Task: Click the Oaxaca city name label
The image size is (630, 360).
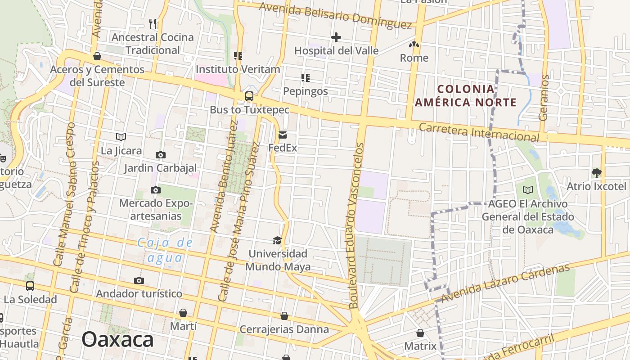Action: (x=117, y=339)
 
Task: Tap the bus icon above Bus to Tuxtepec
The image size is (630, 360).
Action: (x=249, y=96)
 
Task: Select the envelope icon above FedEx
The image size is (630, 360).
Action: (x=283, y=135)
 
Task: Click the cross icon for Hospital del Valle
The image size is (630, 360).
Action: (x=336, y=37)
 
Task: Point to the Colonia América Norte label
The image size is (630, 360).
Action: (x=465, y=95)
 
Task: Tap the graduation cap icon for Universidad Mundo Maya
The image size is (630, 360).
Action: (x=277, y=241)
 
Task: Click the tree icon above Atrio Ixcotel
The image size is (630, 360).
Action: (x=596, y=173)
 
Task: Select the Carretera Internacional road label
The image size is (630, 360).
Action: (x=478, y=131)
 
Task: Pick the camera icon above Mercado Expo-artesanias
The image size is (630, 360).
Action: (x=156, y=190)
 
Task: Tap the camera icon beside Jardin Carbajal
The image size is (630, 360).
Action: (x=160, y=155)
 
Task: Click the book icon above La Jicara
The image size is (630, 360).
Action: (x=121, y=137)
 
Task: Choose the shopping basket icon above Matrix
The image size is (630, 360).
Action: (x=420, y=333)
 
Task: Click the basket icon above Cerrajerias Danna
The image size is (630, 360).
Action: (x=284, y=316)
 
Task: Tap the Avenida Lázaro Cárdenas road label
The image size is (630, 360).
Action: (x=505, y=283)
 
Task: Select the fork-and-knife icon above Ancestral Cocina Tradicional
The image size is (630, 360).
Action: (x=153, y=23)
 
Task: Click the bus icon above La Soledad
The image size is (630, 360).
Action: (x=30, y=286)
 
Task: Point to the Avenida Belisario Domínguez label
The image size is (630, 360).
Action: (x=335, y=15)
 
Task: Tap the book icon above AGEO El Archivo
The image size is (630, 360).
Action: (x=528, y=190)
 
